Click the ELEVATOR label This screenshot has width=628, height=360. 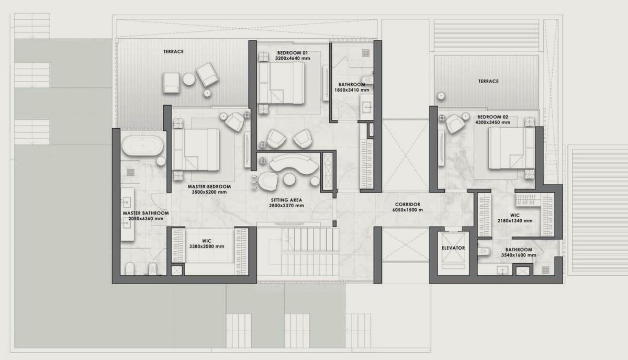(x=453, y=248)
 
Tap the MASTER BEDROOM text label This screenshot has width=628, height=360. (x=209, y=186)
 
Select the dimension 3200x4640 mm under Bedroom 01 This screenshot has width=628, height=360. (x=293, y=58)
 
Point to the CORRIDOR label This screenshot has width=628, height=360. (x=407, y=205)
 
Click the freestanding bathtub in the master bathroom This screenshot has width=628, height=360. (x=143, y=146)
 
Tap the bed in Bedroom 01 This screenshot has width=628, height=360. (x=281, y=83)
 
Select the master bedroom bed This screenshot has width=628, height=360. (x=196, y=150)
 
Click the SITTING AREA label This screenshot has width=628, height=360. (x=286, y=200)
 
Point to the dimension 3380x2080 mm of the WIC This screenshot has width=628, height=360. (x=207, y=246)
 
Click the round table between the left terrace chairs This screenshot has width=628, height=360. (x=189, y=79)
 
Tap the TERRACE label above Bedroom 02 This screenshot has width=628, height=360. (x=488, y=81)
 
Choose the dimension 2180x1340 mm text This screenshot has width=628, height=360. (x=515, y=221)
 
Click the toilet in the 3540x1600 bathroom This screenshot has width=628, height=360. (x=484, y=251)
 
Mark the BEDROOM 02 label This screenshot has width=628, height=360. (x=492, y=117)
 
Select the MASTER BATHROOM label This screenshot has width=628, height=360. (x=146, y=213)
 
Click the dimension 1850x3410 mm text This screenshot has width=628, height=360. (x=352, y=90)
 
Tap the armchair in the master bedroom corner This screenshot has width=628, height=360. (x=234, y=122)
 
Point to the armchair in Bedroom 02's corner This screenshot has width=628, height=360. (x=455, y=123)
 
